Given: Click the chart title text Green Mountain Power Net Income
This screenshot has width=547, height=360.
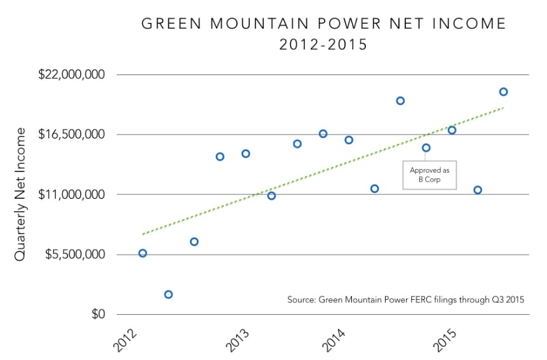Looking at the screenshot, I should click(x=323, y=24).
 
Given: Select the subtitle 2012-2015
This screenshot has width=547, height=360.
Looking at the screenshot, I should click(x=323, y=46).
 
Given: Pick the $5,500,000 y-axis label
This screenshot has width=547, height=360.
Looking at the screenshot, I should click(x=72, y=255).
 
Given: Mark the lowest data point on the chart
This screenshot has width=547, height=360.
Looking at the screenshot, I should click(x=168, y=295).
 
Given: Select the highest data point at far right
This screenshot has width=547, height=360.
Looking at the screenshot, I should click(x=503, y=92).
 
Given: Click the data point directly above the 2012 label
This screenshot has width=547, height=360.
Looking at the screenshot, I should click(x=142, y=253).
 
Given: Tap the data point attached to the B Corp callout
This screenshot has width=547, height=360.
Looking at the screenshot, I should click(x=426, y=148).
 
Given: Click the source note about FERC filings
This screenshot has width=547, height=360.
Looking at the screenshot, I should click(x=405, y=300).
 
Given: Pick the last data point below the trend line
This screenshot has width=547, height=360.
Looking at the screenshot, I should click(x=478, y=190).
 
